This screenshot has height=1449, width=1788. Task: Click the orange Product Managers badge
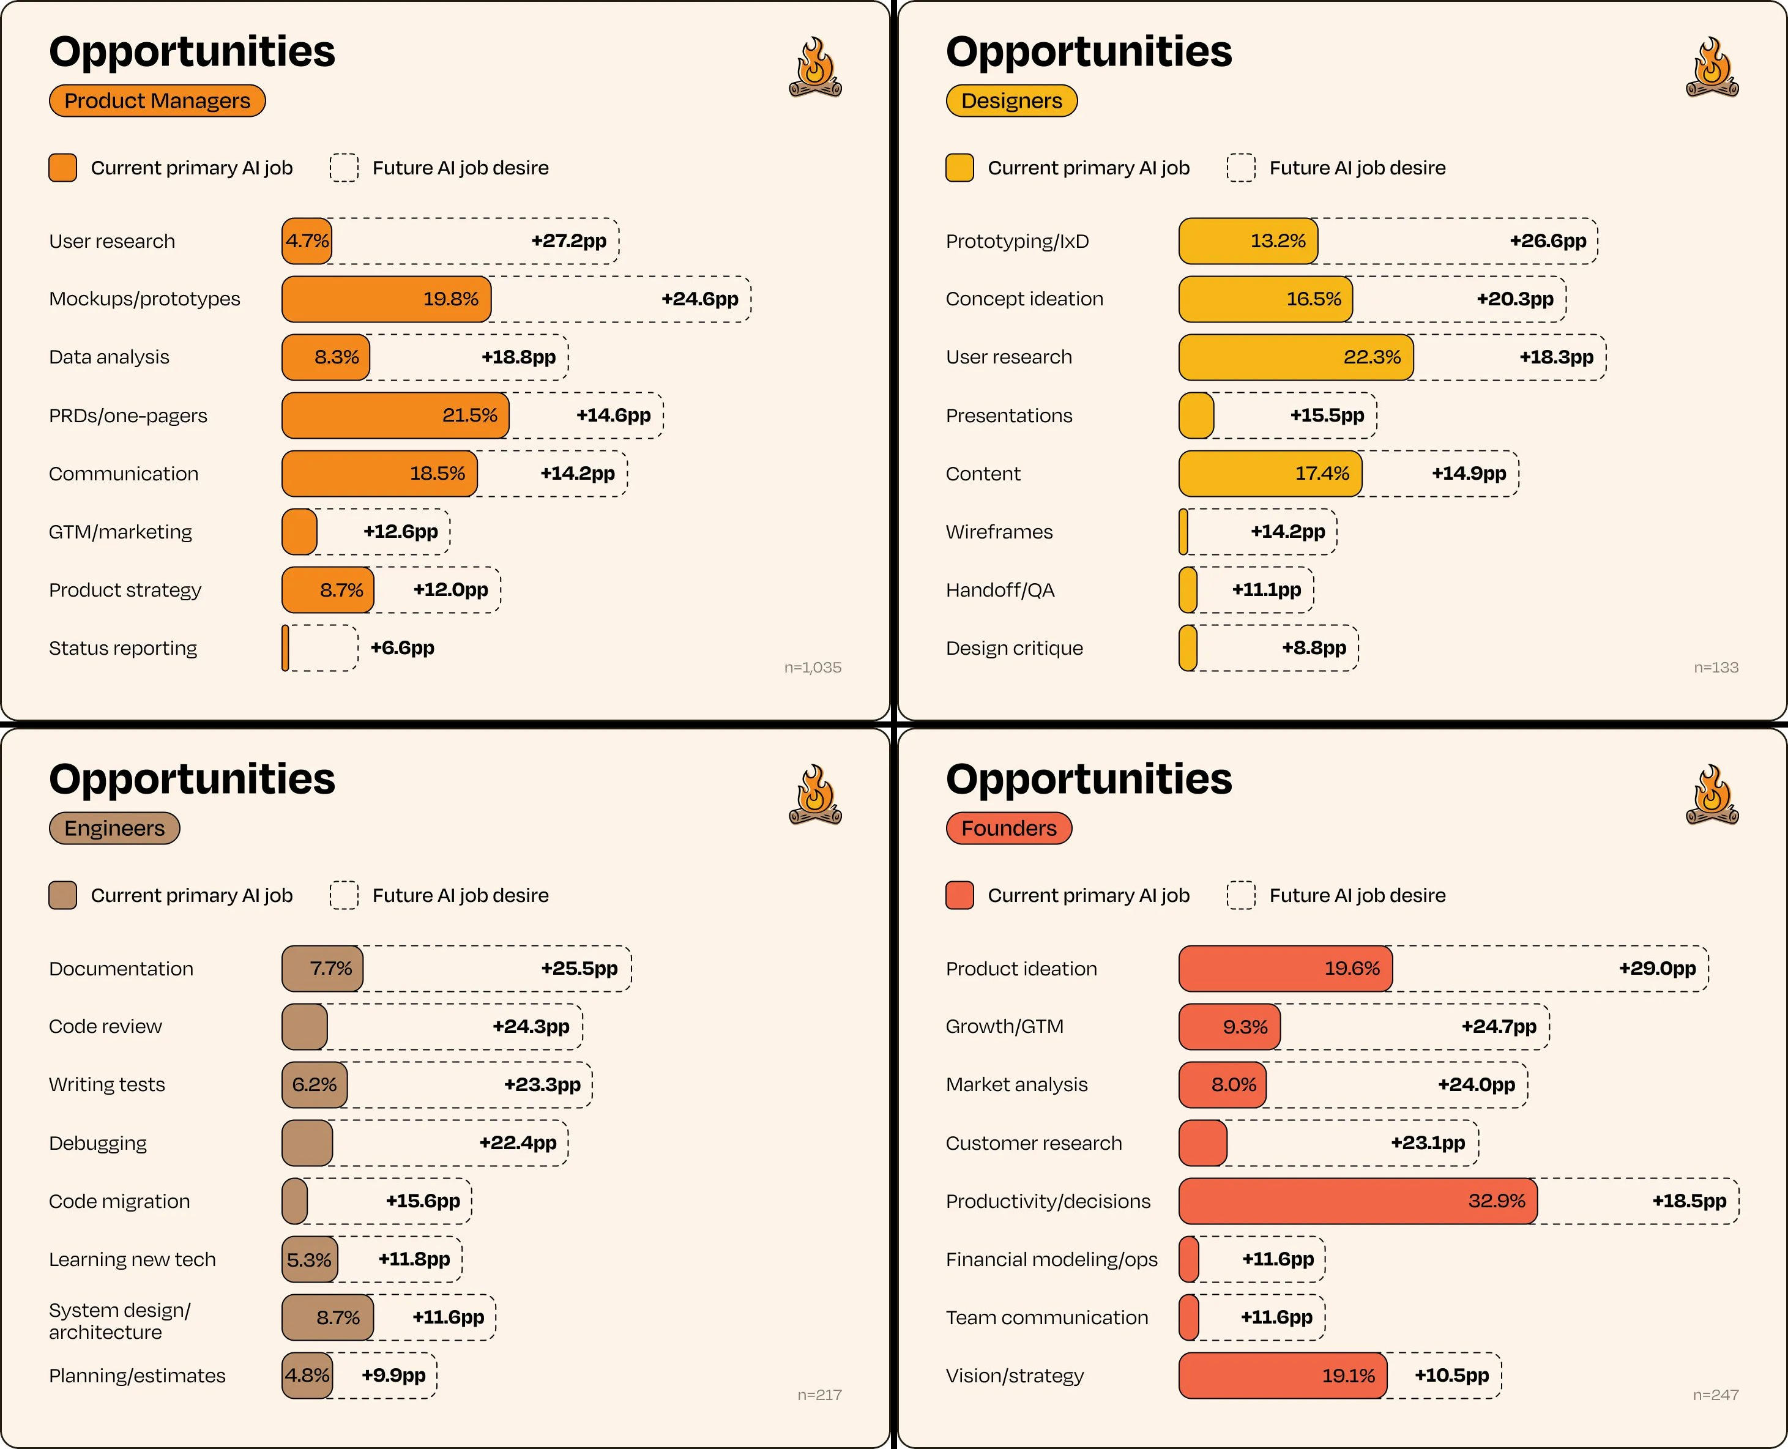click(x=157, y=101)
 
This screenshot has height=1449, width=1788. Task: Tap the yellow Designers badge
click(x=1011, y=101)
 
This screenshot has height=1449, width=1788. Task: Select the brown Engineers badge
click(x=114, y=828)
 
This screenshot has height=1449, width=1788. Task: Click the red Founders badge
click(x=1008, y=828)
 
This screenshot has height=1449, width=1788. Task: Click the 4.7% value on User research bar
click(x=307, y=241)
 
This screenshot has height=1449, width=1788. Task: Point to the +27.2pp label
click(x=568, y=241)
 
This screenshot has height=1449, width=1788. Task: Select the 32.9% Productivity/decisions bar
click(x=1357, y=1201)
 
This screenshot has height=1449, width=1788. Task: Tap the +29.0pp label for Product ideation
click(x=1657, y=968)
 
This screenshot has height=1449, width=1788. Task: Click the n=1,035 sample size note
click(x=812, y=668)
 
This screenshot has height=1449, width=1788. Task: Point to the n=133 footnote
click(x=1715, y=668)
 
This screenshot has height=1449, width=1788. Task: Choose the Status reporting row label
click(x=123, y=649)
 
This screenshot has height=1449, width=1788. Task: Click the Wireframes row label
click(x=999, y=532)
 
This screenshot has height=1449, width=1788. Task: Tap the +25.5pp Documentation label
click(x=579, y=968)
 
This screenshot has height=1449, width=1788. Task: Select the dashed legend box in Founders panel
click(x=1240, y=896)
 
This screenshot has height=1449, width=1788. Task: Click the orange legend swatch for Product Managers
click(x=62, y=168)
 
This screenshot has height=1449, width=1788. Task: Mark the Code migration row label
click(x=119, y=1201)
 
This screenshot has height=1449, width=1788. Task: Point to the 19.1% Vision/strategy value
click(x=1348, y=1376)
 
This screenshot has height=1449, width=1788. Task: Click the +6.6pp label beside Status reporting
click(x=403, y=649)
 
